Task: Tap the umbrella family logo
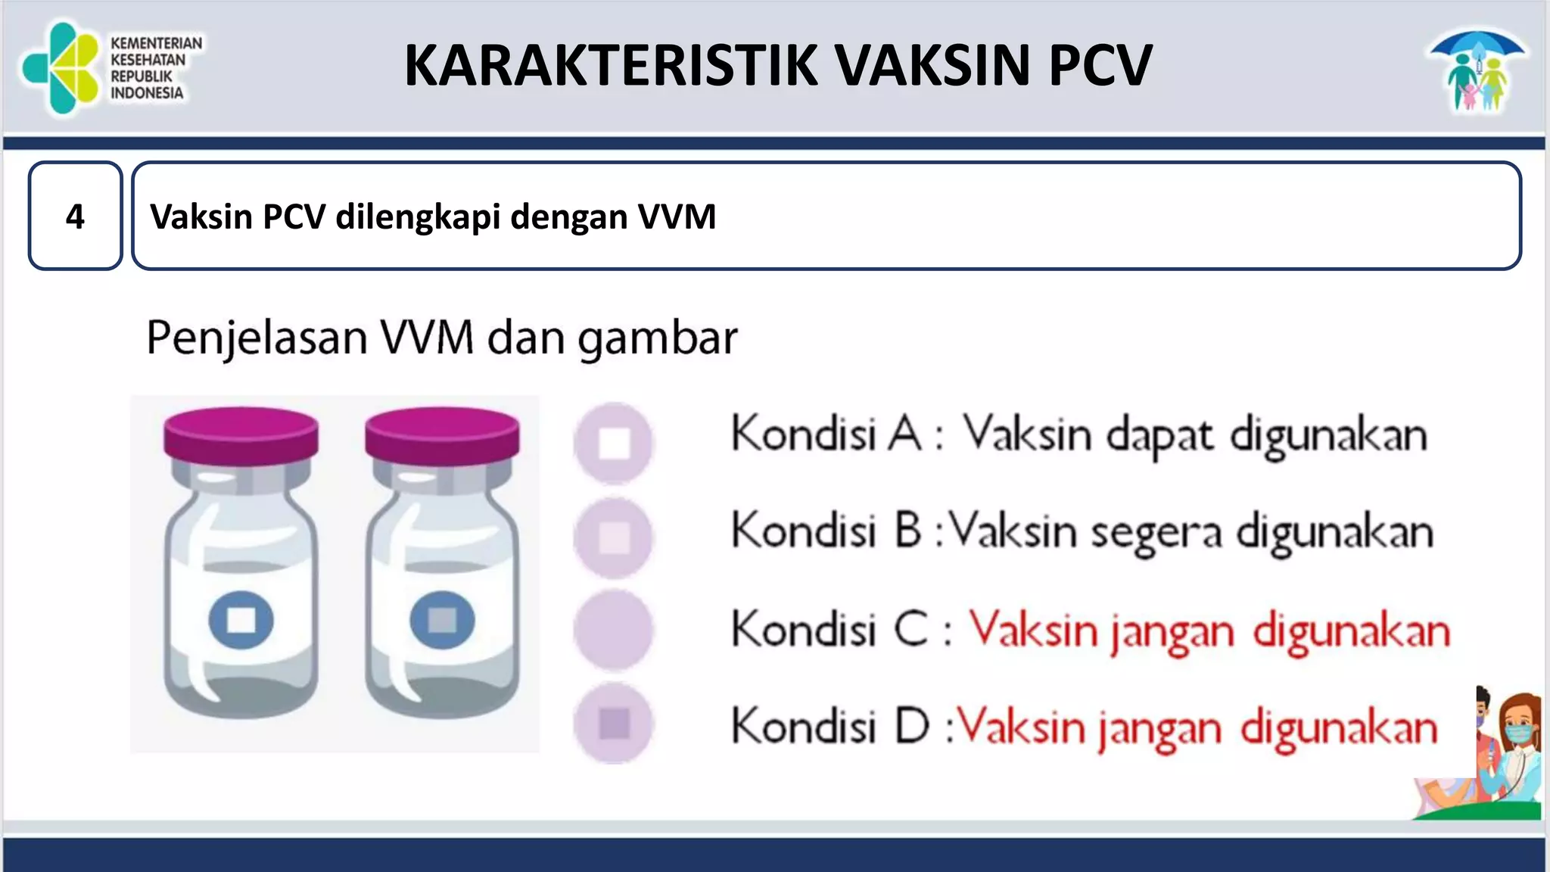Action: click(x=1477, y=71)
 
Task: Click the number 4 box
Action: click(x=75, y=216)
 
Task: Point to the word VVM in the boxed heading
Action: click(x=677, y=216)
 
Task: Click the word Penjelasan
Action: click(x=257, y=338)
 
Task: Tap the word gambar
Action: click(x=657, y=339)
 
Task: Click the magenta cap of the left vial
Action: click(x=241, y=434)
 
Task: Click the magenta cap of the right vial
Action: click(x=442, y=434)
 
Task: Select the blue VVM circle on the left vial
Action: click(x=241, y=620)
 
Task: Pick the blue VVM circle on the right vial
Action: click(x=442, y=620)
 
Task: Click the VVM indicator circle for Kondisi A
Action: click(x=614, y=443)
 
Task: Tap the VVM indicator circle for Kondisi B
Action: click(x=614, y=537)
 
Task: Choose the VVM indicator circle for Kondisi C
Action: click(x=614, y=631)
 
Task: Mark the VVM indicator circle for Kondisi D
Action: click(x=614, y=723)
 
